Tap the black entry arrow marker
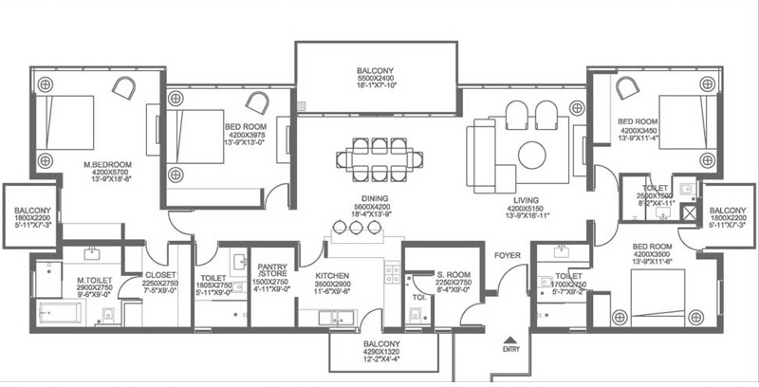(x=510, y=337)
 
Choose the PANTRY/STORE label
(x=271, y=270)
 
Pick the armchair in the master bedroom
(x=124, y=86)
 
